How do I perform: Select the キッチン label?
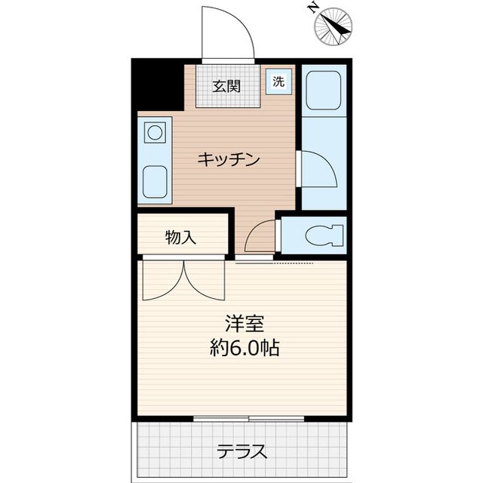click(229, 159)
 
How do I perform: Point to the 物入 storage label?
click(181, 238)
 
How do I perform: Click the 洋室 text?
click(244, 324)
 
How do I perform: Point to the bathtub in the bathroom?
click(324, 90)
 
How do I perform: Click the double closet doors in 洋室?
click(183, 281)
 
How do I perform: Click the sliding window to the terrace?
click(248, 418)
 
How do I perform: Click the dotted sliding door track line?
click(291, 263)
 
